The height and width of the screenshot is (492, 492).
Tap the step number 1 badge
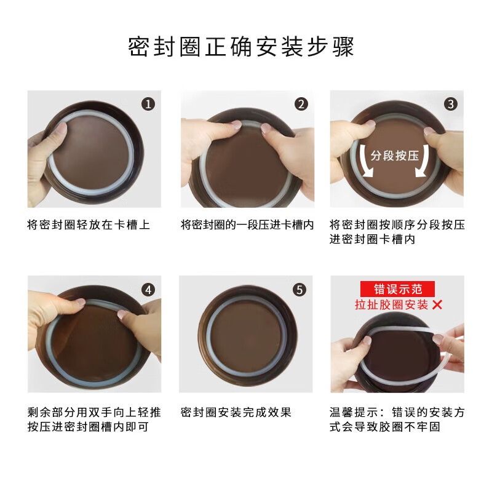148,104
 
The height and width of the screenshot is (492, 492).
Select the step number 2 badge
301,104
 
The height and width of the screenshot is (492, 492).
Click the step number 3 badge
452,104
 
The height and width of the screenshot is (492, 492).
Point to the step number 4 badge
148,289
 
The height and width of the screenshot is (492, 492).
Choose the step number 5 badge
300,289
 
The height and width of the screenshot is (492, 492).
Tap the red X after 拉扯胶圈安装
438,304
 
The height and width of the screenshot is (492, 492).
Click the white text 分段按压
395,155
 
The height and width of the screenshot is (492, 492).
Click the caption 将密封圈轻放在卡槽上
89,224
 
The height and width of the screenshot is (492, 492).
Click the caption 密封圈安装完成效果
236,412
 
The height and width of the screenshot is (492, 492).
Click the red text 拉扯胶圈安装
391,304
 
